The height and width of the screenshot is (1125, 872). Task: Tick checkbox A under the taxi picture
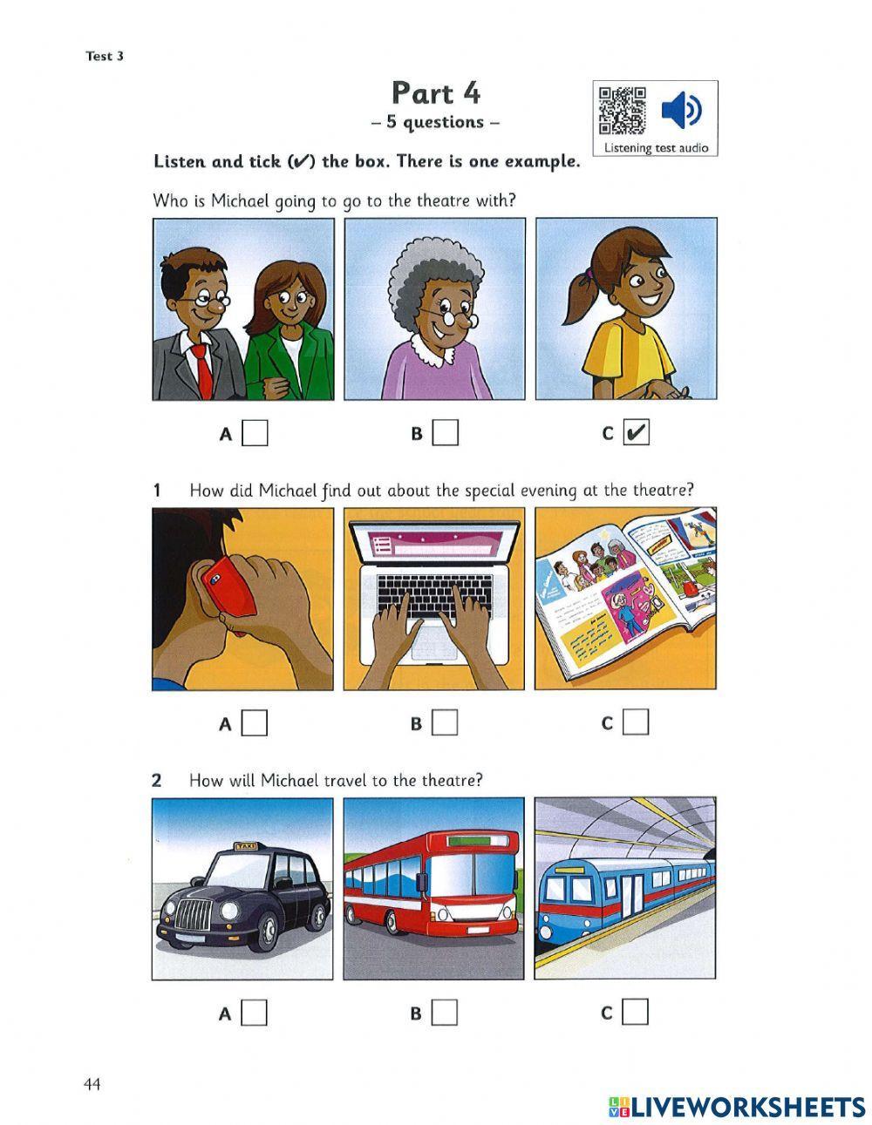pos(255,1013)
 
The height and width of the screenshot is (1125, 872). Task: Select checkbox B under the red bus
pos(445,1013)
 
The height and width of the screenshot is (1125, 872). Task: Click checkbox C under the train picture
pos(637,1012)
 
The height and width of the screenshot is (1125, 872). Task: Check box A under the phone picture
pos(255,722)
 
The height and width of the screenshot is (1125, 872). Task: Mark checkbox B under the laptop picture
pos(445,722)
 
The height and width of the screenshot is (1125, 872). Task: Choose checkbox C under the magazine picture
pos(637,722)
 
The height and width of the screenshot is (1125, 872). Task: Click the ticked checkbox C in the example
pos(637,432)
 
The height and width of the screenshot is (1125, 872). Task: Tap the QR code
pos(621,111)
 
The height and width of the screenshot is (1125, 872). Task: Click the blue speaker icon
pos(680,111)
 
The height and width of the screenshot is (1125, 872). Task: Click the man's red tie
pos(202,369)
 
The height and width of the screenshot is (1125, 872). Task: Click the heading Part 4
pos(435,92)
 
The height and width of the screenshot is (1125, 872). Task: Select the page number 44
pos(92,1084)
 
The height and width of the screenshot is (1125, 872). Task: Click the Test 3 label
pos(105,57)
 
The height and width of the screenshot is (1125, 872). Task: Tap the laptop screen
pos(434,548)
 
